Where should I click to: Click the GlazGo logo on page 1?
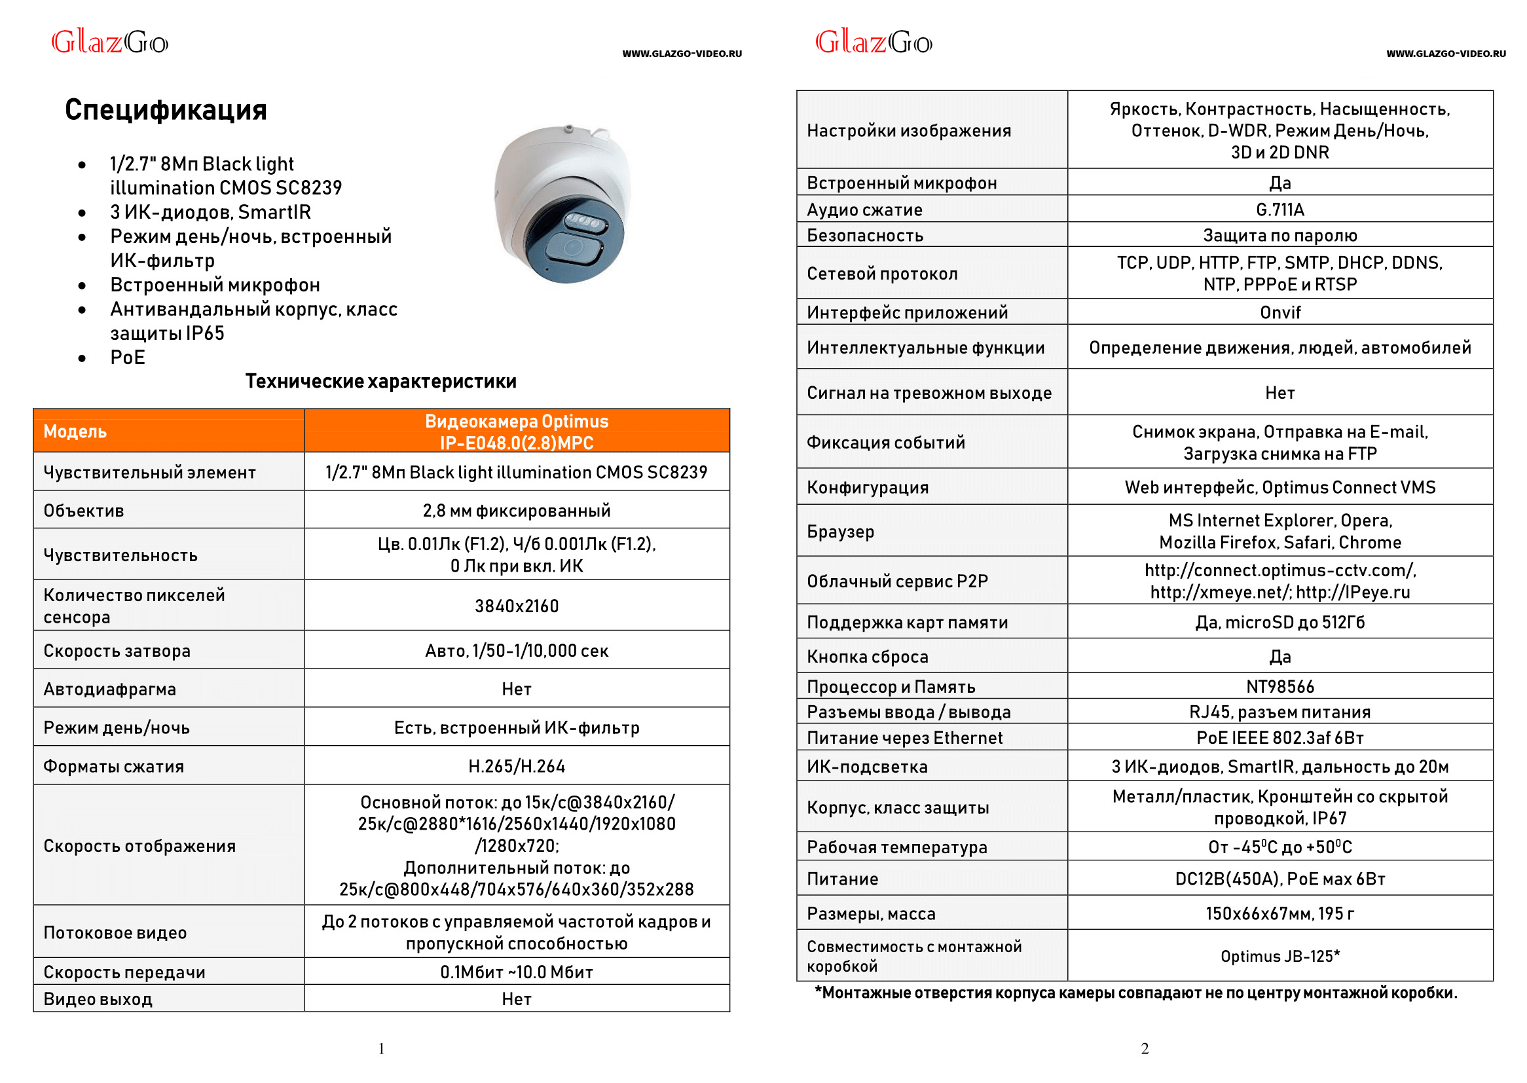pos(110,43)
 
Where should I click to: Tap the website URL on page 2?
pos(1445,54)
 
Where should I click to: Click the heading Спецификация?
pos(166,110)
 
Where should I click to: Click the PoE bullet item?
pos(128,358)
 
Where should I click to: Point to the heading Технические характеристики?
pos(380,382)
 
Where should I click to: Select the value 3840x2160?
pos(517,606)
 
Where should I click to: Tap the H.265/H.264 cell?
pos(517,766)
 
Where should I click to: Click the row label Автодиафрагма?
pos(110,689)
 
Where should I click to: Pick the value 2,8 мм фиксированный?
pos(517,511)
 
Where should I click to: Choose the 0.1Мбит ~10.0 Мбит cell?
pos(517,972)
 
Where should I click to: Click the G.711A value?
pos(1279,210)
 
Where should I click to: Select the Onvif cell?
pos(1279,313)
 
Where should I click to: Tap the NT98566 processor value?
pos(1279,687)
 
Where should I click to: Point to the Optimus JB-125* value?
pos(1279,956)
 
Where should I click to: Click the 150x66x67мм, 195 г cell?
pos(1279,913)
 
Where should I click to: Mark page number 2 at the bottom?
pos(1145,1049)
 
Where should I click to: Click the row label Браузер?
pos(840,532)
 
